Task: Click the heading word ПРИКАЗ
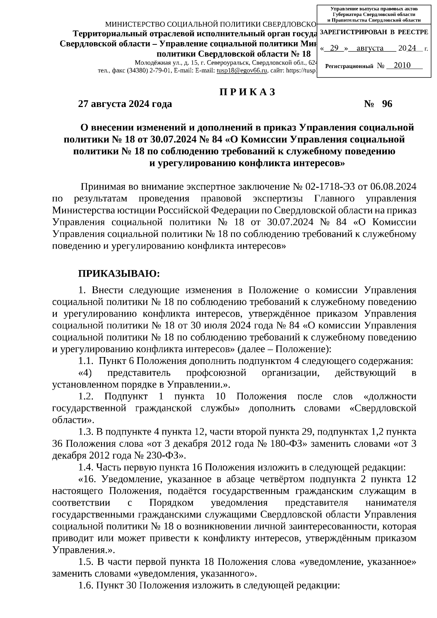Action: pos(247,92)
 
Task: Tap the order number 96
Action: pos(387,104)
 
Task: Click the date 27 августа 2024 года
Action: pos(125,104)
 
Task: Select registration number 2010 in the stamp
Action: pos(402,65)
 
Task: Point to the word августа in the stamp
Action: pos(370,48)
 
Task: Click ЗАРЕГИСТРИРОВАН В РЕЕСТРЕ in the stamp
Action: pos(374,32)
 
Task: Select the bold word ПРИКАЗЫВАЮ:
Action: pos(119,273)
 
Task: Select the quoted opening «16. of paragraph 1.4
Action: pos(87,479)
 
